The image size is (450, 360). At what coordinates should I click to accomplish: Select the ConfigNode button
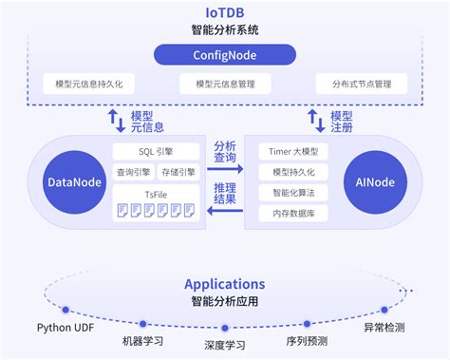tap(225, 55)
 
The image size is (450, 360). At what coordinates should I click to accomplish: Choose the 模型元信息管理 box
tap(225, 84)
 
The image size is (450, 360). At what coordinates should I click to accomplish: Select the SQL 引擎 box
tap(156, 152)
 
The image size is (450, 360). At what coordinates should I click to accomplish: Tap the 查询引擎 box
tap(134, 172)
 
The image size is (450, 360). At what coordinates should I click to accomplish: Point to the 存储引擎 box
tap(178, 172)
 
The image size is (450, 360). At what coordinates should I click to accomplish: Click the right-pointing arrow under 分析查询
tap(225, 169)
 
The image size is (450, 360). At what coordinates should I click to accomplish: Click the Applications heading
tap(224, 283)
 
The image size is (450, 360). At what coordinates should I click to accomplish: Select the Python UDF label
tap(65, 328)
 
